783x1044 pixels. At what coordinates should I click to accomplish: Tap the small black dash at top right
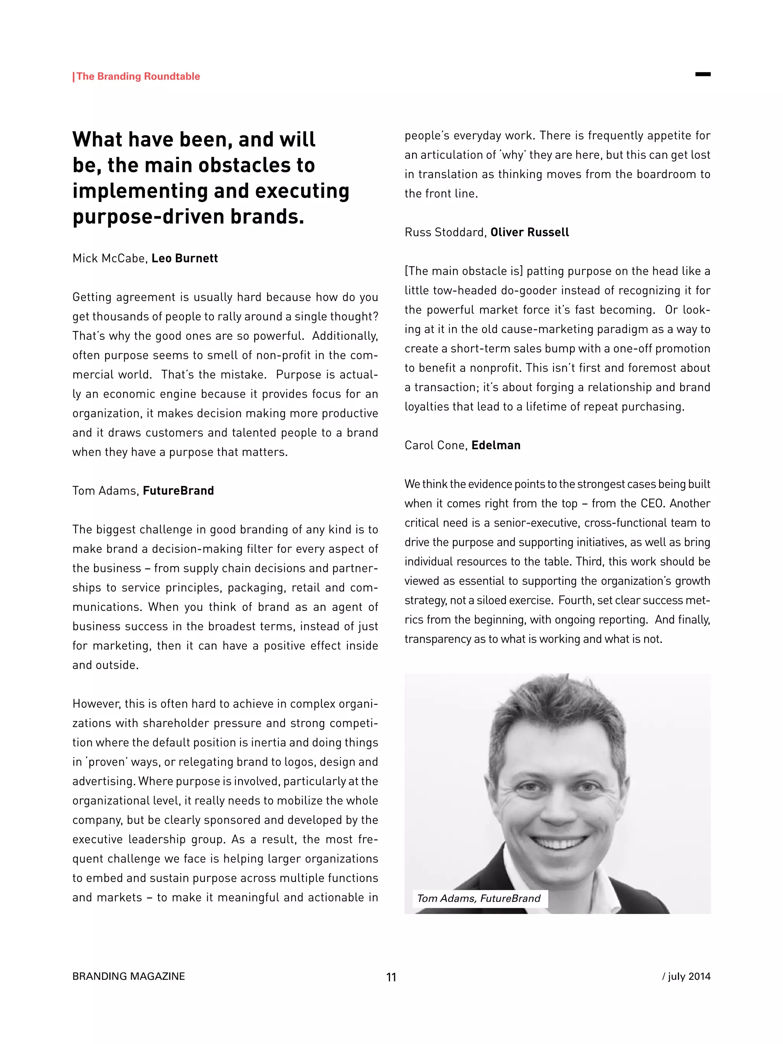pyautogui.click(x=703, y=74)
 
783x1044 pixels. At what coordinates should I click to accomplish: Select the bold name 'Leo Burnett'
pyautogui.click(x=185, y=258)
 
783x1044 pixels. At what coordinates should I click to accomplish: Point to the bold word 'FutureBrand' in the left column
pyautogui.click(x=179, y=490)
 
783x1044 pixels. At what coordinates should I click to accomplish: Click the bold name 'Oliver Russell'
pyautogui.click(x=530, y=232)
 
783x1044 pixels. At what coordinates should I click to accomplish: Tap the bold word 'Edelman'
pyautogui.click(x=495, y=445)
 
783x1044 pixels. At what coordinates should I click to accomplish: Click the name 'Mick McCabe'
pyautogui.click(x=109, y=258)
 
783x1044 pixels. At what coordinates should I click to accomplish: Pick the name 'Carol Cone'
pyautogui.click(x=435, y=445)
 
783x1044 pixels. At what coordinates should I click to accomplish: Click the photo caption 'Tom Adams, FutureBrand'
pyautogui.click(x=479, y=898)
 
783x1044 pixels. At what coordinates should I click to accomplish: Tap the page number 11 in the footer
pyautogui.click(x=391, y=977)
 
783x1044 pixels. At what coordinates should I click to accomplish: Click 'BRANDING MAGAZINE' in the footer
pyautogui.click(x=128, y=976)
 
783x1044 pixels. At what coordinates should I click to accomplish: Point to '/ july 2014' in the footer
pyautogui.click(x=686, y=976)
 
